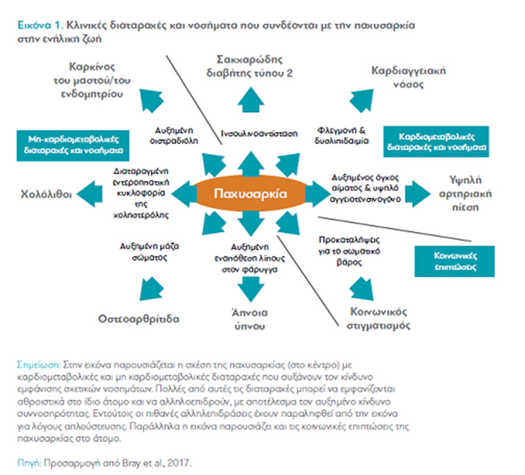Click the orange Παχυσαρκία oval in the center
click(251, 194)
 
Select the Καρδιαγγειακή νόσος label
click(408, 77)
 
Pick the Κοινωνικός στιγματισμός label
click(379, 318)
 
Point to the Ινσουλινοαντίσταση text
click(259, 134)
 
